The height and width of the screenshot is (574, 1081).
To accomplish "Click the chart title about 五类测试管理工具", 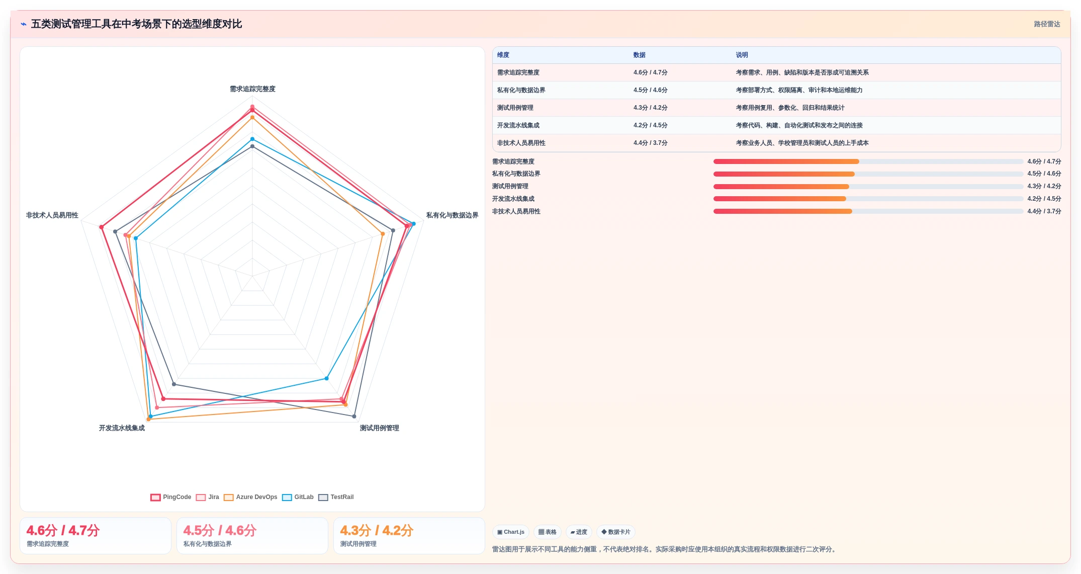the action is pyautogui.click(x=136, y=24).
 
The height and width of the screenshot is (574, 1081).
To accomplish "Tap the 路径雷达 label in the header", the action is pyautogui.click(x=1047, y=24).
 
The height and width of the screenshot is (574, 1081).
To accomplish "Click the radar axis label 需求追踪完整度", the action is pyautogui.click(x=252, y=89).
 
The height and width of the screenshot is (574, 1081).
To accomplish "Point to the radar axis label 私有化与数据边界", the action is pyautogui.click(x=452, y=215).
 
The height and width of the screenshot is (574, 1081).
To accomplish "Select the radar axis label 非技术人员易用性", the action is pyautogui.click(x=52, y=215).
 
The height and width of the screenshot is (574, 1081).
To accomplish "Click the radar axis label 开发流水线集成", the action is pyautogui.click(x=122, y=428).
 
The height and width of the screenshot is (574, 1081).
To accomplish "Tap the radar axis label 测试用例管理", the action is pyautogui.click(x=379, y=428).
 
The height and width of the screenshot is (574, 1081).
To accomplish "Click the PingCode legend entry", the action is pyautogui.click(x=171, y=497).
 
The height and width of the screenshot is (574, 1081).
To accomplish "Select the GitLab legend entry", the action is pyautogui.click(x=298, y=497).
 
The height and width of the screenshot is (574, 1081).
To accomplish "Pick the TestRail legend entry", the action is pyautogui.click(x=336, y=497).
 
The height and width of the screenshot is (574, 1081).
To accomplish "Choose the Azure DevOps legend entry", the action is pyautogui.click(x=250, y=497).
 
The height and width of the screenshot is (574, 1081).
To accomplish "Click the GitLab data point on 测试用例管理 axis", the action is pyautogui.click(x=326, y=378).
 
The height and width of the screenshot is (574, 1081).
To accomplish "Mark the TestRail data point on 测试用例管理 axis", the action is pyautogui.click(x=354, y=417).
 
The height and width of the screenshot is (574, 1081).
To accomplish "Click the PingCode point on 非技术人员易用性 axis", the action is pyautogui.click(x=102, y=227).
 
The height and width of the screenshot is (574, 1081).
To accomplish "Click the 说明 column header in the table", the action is pyautogui.click(x=742, y=55).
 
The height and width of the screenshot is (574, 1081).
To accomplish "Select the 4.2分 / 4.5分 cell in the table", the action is pyautogui.click(x=650, y=125).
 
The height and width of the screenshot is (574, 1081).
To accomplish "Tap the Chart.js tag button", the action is pyautogui.click(x=511, y=532).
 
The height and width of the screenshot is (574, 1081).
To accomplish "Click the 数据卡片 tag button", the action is pyautogui.click(x=615, y=532).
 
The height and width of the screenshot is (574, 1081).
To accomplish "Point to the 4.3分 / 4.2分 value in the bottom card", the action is pyautogui.click(x=377, y=530).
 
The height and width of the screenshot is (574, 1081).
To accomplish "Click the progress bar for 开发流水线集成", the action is pyautogui.click(x=868, y=199).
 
